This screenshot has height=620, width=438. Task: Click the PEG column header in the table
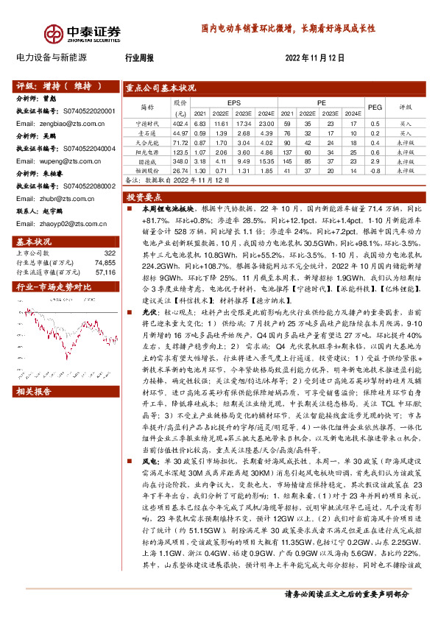(375, 106)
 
